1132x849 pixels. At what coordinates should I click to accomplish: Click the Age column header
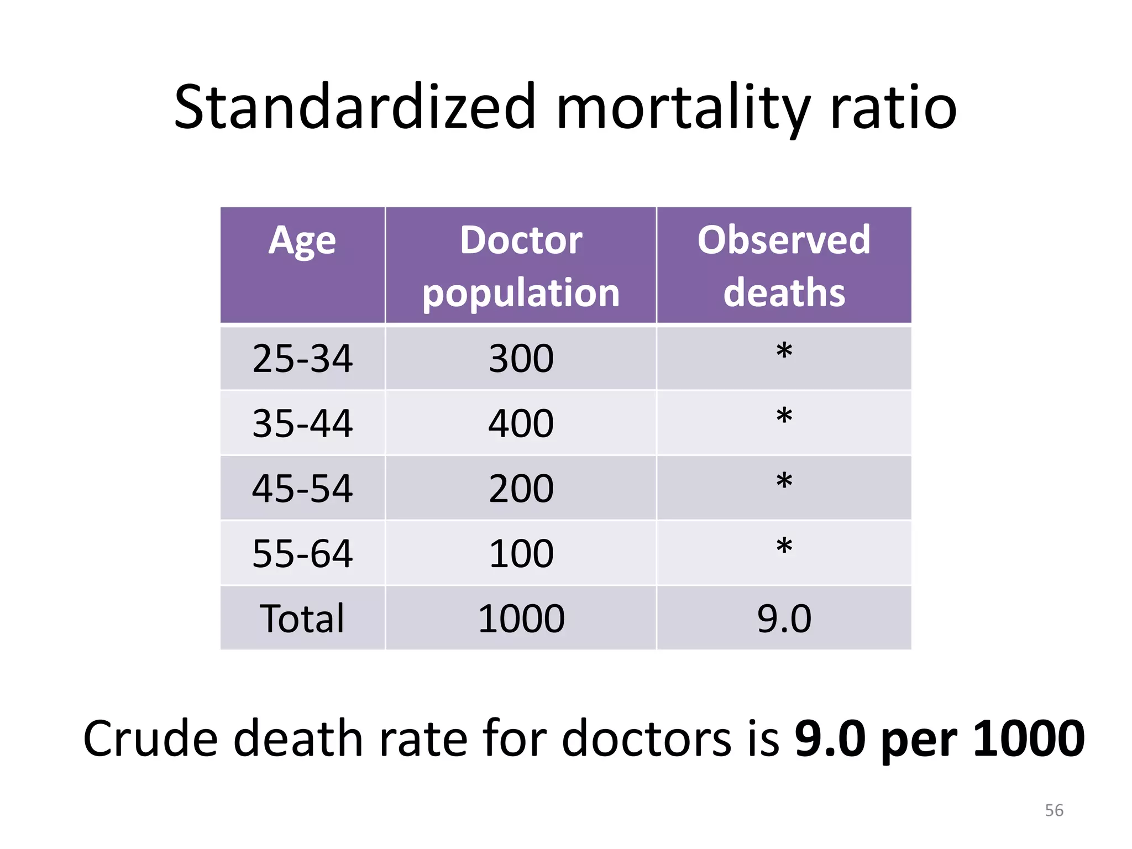[302, 241]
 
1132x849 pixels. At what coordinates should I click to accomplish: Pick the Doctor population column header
[521, 266]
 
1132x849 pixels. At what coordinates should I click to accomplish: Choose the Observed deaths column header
[784, 266]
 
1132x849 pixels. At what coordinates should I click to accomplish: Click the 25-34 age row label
[302, 359]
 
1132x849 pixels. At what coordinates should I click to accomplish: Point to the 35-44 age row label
[302, 423]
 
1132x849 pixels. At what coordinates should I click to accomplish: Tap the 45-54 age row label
[302, 489]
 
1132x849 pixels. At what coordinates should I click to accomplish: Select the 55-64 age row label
[302, 553]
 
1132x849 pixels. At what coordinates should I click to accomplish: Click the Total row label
[302, 619]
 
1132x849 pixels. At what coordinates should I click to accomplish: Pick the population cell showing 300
[521, 359]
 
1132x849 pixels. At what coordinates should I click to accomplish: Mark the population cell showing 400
[521, 423]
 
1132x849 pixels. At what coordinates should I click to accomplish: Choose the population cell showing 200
[521, 489]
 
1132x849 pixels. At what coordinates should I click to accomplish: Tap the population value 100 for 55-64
[521, 553]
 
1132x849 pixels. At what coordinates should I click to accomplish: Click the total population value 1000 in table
[521, 619]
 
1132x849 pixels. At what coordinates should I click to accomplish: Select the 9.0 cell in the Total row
[784, 619]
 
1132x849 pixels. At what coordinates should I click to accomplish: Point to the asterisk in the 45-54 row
[784, 481]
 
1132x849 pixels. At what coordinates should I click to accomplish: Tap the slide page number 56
[1054, 810]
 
